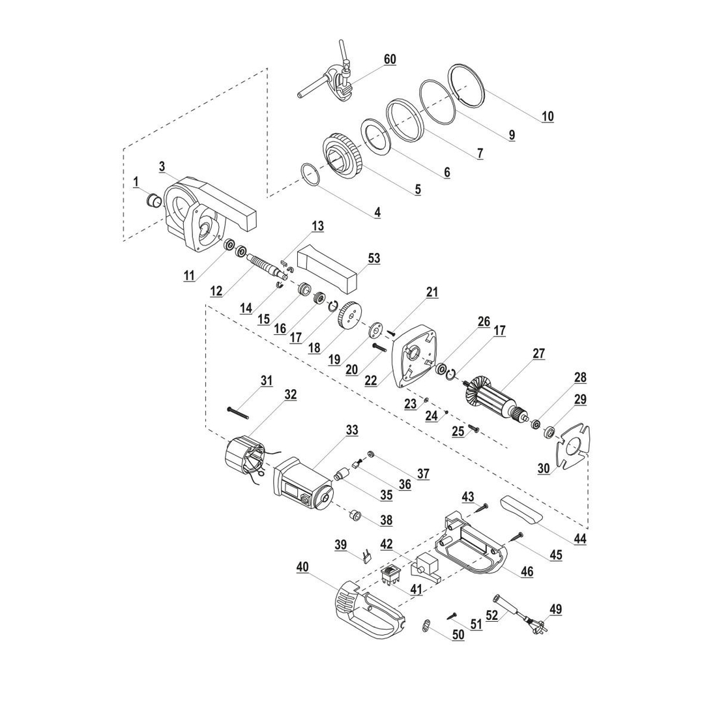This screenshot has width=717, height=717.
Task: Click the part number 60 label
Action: pos(389,59)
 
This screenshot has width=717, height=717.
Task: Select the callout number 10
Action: pos(548,116)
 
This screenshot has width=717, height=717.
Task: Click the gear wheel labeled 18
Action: pos(350,317)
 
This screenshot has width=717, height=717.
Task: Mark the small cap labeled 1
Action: pos(154,199)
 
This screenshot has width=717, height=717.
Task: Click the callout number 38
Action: pos(387,521)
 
